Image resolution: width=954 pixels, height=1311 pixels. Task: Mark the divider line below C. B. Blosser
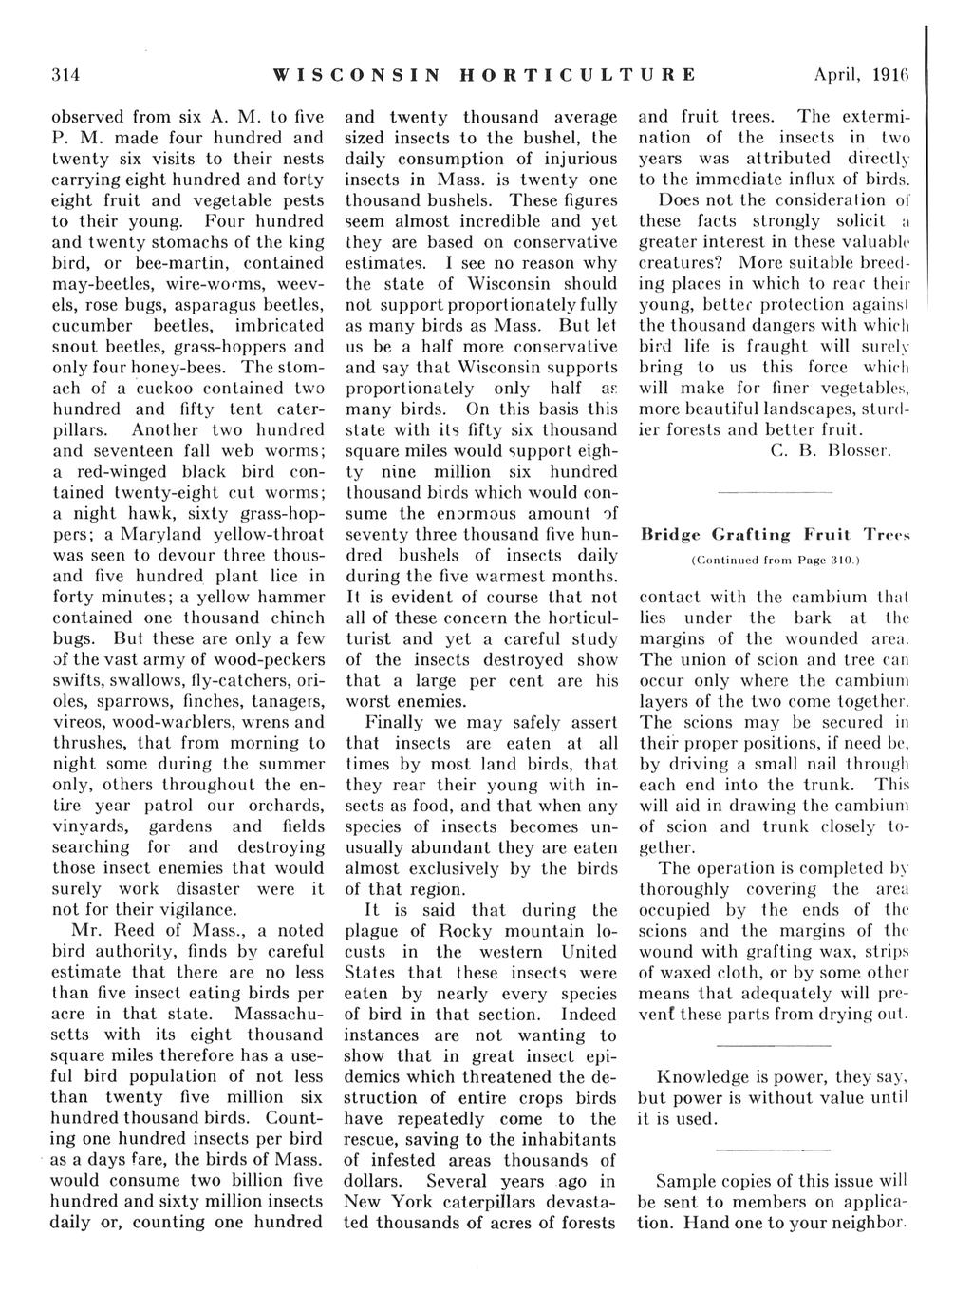(x=775, y=492)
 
